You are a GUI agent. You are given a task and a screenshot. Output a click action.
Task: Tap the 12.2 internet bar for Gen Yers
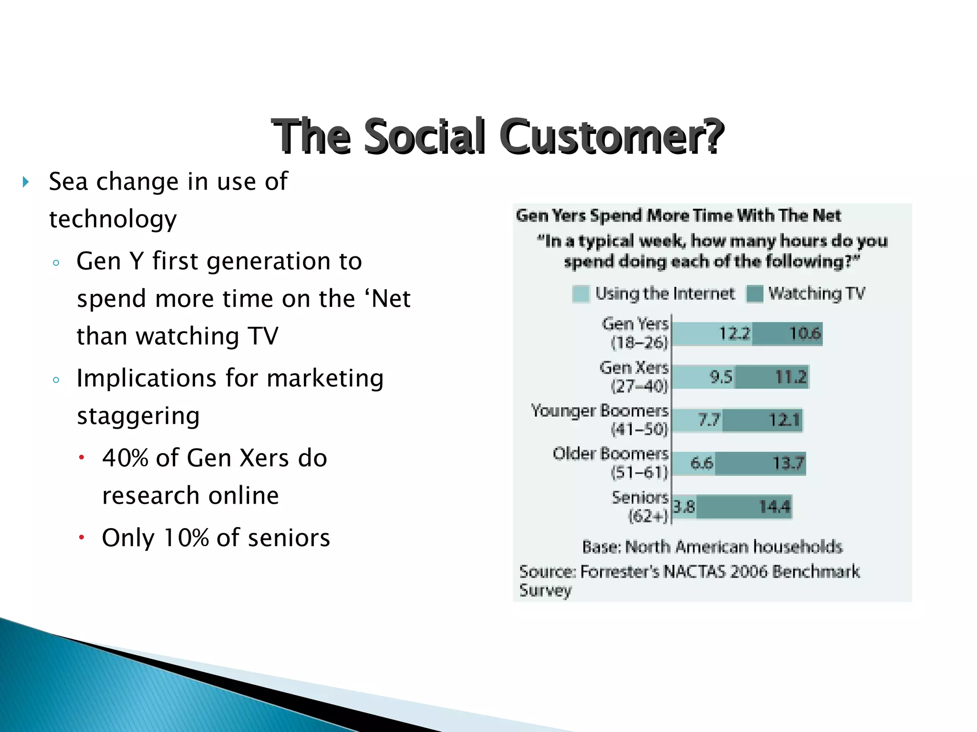[712, 334]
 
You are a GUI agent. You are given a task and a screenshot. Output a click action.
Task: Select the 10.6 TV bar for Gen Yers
[787, 334]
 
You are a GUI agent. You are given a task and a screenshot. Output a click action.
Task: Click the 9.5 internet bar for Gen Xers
[703, 377]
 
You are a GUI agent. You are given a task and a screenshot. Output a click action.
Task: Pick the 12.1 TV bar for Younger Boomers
[762, 420]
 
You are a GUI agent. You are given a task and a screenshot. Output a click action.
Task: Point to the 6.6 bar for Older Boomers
[694, 463]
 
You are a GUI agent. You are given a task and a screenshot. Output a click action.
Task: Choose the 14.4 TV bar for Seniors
[743, 507]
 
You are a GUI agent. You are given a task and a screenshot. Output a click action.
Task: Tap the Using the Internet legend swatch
[581, 294]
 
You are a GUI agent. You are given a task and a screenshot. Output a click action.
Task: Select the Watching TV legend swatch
[755, 294]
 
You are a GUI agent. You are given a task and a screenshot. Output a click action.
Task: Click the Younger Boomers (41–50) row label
[600, 419]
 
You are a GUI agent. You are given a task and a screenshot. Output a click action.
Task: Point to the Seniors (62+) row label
[641, 506]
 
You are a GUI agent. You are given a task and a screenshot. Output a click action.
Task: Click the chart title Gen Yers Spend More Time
[678, 216]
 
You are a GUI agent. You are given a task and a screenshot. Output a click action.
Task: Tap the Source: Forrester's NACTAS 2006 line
[689, 571]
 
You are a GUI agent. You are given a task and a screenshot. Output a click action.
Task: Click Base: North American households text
[712, 547]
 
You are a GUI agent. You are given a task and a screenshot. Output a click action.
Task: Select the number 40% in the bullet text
[125, 458]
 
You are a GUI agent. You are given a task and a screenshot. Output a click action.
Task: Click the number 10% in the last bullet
[186, 538]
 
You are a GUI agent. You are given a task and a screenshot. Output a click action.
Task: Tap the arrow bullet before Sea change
[26, 182]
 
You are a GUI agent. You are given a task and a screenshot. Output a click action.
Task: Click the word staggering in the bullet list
[138, 416]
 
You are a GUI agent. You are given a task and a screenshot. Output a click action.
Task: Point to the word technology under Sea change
[113, 219]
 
